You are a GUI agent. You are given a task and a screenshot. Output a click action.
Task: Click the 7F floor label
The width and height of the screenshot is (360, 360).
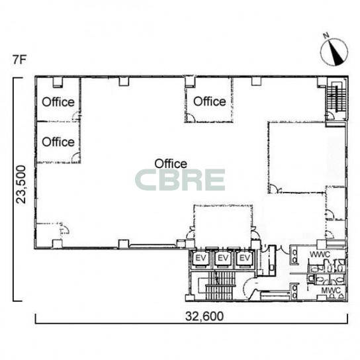tap(19, 60)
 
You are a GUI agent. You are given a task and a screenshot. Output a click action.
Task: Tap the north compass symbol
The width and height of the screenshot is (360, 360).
tap(334, 52)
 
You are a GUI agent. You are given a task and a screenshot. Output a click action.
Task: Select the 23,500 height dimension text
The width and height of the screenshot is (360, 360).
tap(21, 185)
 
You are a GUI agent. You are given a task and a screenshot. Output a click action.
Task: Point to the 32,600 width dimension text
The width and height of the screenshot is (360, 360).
tap(204, 316)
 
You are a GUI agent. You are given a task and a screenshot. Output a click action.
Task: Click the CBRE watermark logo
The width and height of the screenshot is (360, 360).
tap(180, 180)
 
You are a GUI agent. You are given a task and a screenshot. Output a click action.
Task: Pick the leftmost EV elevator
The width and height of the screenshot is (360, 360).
tap(201, 258)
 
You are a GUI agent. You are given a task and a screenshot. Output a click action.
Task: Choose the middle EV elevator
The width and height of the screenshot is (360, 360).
tap(223, 258)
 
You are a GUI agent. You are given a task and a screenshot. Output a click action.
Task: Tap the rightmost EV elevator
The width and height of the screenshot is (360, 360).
tap(245, 258)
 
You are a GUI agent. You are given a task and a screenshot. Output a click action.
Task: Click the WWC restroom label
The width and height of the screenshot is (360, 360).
tap(320, 255)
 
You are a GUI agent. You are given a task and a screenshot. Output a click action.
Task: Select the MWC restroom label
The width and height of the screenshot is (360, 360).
tap(331, 291)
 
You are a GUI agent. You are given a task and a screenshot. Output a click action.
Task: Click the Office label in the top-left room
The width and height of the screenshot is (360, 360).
tap(58, 102)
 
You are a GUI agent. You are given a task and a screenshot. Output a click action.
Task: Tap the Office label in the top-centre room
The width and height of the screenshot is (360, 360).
tap(210, 101)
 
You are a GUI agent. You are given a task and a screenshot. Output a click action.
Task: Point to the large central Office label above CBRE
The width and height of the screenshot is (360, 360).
tap(171, 163)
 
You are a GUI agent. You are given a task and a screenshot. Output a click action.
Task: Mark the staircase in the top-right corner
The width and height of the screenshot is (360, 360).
tap(337, 98)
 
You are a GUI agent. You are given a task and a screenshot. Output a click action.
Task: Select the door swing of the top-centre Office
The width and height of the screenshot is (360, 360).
tap(191, 118)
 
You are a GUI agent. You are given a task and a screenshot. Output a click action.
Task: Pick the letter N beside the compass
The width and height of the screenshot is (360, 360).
tap(326, 35)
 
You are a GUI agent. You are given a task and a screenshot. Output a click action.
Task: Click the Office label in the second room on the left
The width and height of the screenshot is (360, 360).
tap(58, 142)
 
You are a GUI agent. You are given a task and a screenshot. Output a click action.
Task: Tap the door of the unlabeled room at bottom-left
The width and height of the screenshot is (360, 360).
tap(64, 230)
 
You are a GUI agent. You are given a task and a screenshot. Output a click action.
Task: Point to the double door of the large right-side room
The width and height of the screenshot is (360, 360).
tap(275, 189)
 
